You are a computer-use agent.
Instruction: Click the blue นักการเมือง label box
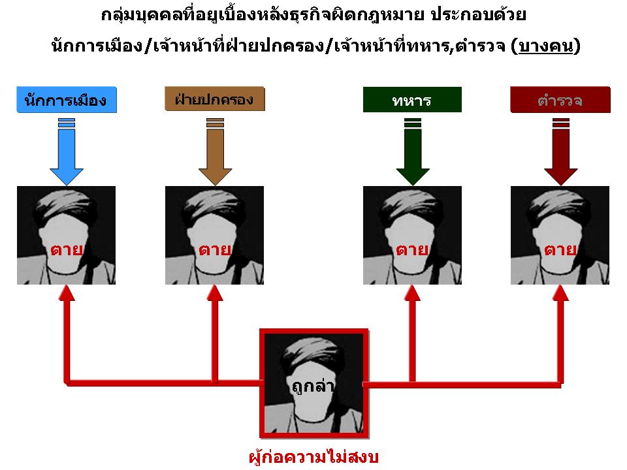click(66, 101)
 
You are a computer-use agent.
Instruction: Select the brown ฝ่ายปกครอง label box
click(214, 99)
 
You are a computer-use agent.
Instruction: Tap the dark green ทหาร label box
click(412, 101)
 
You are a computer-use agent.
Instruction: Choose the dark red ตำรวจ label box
click(560, 101)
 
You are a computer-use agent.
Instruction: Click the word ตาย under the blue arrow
click(66, 249)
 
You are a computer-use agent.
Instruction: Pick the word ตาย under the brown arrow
click(214, 249)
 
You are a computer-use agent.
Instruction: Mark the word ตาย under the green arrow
click(412, 249)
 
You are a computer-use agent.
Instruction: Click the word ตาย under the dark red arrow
click(560, 249)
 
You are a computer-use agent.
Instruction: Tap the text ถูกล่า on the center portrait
click(313, 386)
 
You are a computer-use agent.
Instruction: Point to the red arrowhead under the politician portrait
click(67, 293)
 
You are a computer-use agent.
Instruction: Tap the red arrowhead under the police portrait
click(560, 293)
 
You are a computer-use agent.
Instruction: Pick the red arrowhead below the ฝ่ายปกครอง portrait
click(215, 293)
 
